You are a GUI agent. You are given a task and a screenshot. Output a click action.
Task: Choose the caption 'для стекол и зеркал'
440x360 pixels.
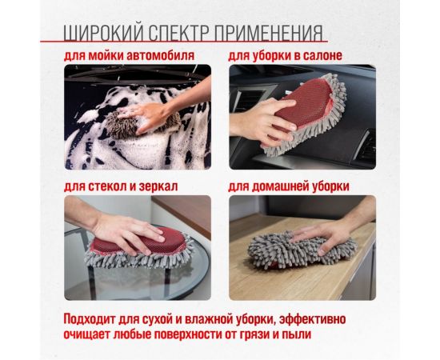coord(121,186)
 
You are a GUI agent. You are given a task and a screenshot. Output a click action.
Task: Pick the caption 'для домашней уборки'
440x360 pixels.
coord(294,186)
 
